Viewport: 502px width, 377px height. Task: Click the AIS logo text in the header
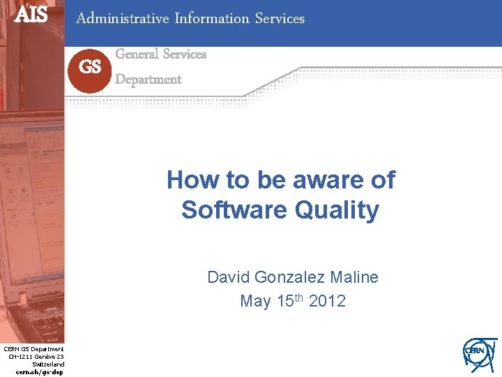pos(31,14)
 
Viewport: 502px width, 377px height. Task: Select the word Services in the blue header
pos(280,19)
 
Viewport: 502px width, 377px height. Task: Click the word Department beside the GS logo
pos(148,80)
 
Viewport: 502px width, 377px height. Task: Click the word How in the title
pos(188,180)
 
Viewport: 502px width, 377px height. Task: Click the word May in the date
pos(254,302)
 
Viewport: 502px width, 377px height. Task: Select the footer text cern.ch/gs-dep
pos(40,372)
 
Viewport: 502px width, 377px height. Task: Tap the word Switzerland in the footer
pos(48,364)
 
